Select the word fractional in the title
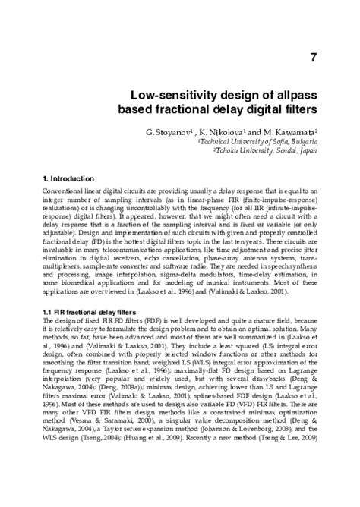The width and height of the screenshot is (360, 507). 185,110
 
